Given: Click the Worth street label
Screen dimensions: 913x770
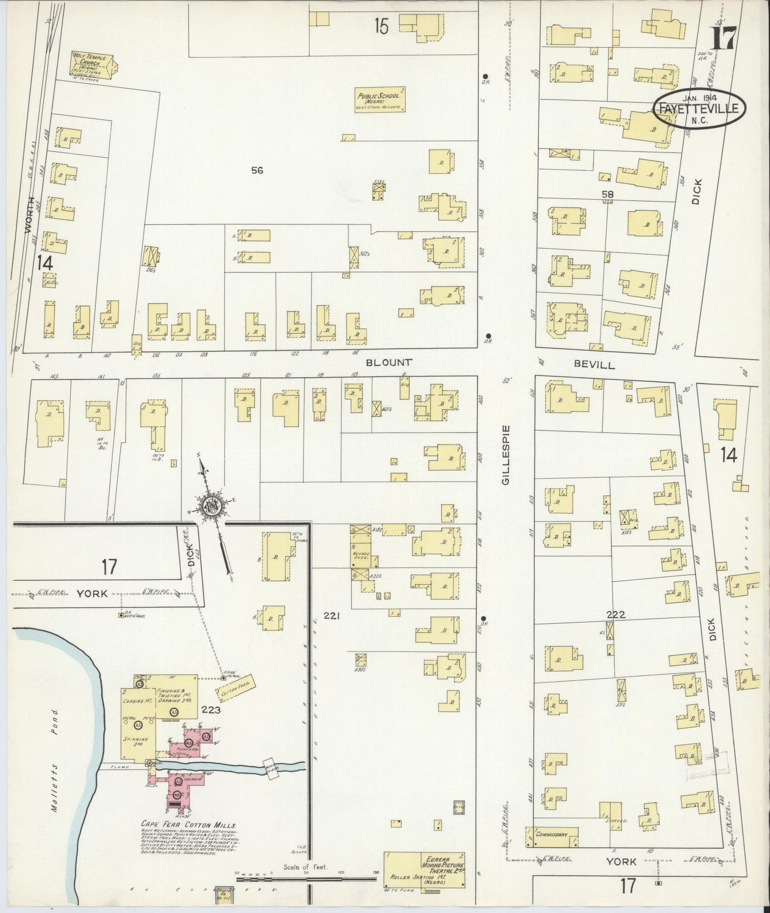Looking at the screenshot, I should tap(30, 214).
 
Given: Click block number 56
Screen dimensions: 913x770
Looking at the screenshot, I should tap(257, 170).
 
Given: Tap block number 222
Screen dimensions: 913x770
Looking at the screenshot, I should tap(615, 614).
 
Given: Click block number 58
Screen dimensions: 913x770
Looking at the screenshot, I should tap(607, 195).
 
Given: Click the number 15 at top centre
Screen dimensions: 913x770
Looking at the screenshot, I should tap(380, 26).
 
